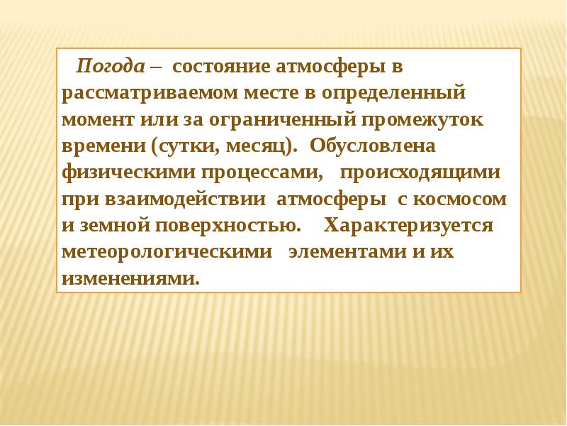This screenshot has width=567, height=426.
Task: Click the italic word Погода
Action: point(111,67)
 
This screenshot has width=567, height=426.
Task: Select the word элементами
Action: point(341,251)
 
